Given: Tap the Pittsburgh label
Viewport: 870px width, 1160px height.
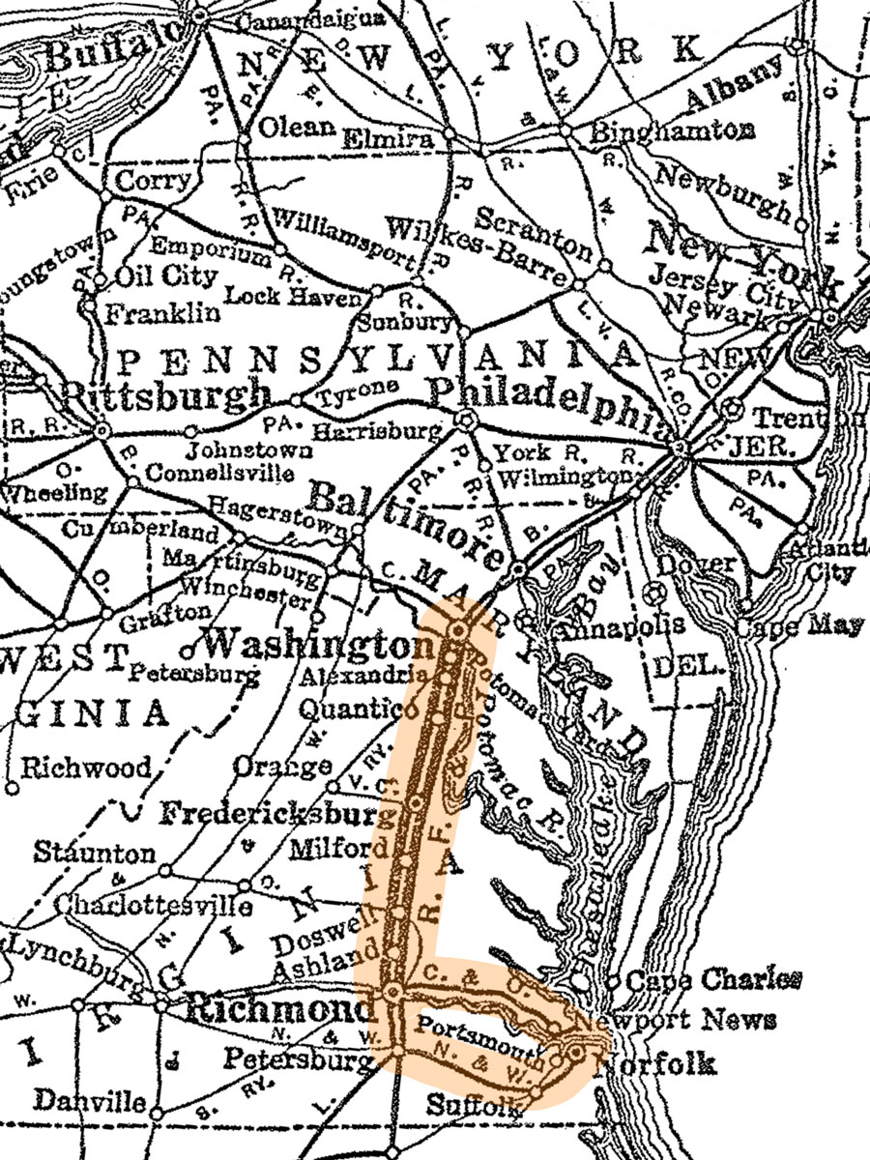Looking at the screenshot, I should pos(165,395).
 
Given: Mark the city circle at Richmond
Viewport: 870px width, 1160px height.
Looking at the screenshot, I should pos(393,992).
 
